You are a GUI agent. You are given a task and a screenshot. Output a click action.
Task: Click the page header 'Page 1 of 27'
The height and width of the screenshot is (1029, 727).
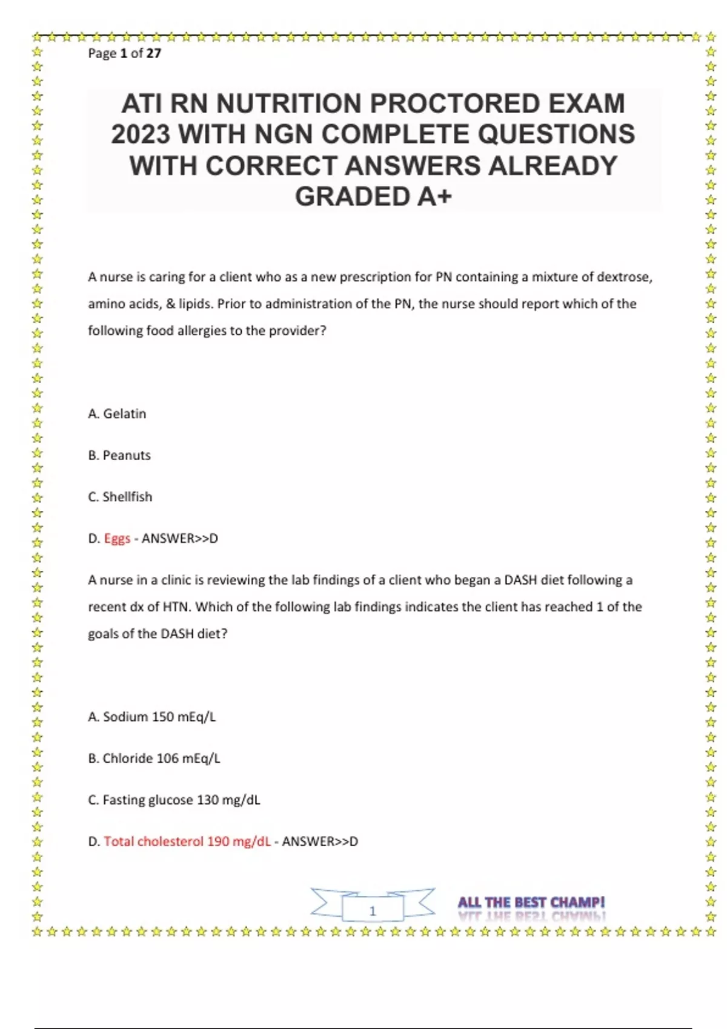click(x=124, y=53)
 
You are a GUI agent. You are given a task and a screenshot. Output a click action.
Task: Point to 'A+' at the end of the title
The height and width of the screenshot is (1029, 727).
click(x=434, y=196)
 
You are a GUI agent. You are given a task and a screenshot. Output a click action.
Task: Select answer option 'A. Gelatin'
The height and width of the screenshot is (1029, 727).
click(x=117, y=414)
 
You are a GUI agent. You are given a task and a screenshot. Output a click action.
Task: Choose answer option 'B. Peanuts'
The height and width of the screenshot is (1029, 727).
click(x=119, y=455)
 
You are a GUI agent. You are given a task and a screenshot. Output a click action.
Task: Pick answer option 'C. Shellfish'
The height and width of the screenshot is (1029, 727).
click(x=120, y=497)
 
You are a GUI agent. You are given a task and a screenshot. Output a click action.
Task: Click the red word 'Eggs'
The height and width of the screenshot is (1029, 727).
click(x=117, y=539)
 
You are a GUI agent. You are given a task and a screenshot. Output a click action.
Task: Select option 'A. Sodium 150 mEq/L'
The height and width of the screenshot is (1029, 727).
click(x=151, y=717)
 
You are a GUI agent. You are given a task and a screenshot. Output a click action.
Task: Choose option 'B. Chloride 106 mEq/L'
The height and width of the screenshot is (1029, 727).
click(x=154, y=758)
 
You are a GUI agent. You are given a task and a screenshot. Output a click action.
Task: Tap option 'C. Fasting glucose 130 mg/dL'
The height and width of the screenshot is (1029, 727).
click(x=174, y=800)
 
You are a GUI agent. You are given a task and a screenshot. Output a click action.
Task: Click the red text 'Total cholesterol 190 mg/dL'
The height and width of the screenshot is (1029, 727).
click(x=187, y=842)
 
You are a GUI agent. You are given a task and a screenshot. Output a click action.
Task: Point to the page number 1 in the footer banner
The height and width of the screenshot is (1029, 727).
click(x=373, y=911)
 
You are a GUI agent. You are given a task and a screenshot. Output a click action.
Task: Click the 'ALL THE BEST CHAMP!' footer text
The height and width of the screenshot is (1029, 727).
click(x=531, y=902)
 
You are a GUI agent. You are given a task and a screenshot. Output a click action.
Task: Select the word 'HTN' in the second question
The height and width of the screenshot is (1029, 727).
click(x=176, y=607)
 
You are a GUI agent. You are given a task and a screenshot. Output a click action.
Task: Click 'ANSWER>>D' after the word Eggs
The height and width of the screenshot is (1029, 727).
click(x=180, y=539)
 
